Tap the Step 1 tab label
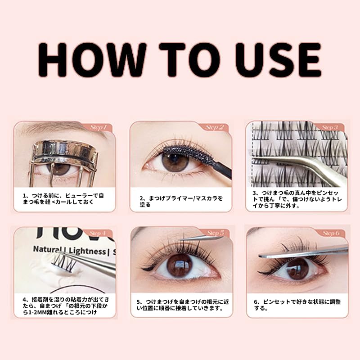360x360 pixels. tap(98, 127)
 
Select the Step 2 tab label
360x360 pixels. tap(215, 127)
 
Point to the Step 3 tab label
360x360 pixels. tap(330, 127)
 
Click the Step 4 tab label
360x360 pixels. tap(98, 233)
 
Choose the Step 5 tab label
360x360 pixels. tap(215, 233)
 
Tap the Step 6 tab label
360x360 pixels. tap(330, 233)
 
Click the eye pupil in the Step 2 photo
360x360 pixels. tap(173, 161)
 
